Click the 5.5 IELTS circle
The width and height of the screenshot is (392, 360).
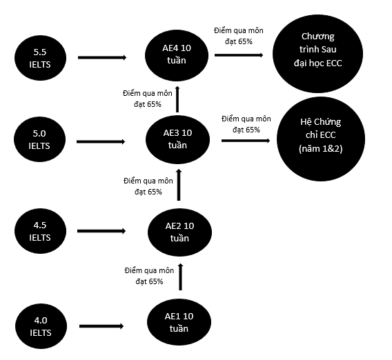click(x=40, y=58)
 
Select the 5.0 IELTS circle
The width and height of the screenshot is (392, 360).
click(x=39, y=139)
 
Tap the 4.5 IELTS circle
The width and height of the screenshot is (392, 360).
click(x=40, y=231)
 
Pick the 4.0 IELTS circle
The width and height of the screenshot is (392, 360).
click(x=41, y=326)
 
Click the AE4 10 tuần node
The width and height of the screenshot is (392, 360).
click(x=177, y=55)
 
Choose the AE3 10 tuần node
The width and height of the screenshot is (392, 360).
click(x=177, y=139)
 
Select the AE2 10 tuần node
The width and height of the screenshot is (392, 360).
click(x=179, y=232)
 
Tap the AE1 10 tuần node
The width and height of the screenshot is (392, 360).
click(x=179, y=322)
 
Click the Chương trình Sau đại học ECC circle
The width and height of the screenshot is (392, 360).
click(x=317, y=54)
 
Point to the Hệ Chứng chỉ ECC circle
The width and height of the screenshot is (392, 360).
click(x=321, y=139)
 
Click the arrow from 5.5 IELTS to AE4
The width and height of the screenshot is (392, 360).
click(x=102, y=57)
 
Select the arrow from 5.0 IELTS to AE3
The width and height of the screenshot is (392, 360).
click(x=101, y=141)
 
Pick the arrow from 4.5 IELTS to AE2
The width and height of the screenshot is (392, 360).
click(x=101, y=231)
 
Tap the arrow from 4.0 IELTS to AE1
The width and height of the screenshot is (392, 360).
click(x=101, y=326)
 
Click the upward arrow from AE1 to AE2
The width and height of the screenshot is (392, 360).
click(x=181, y=277)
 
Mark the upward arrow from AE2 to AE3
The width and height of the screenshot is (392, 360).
click(x=179, y=185)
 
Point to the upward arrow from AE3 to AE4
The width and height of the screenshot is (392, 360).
click(x=177, y=99)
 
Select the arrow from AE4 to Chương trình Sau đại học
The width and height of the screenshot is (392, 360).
click(x=239, y=55)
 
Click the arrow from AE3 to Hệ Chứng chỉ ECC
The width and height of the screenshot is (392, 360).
click(x=246, y=141)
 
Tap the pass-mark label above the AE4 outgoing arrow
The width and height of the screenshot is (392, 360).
click(x=239, y=36)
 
